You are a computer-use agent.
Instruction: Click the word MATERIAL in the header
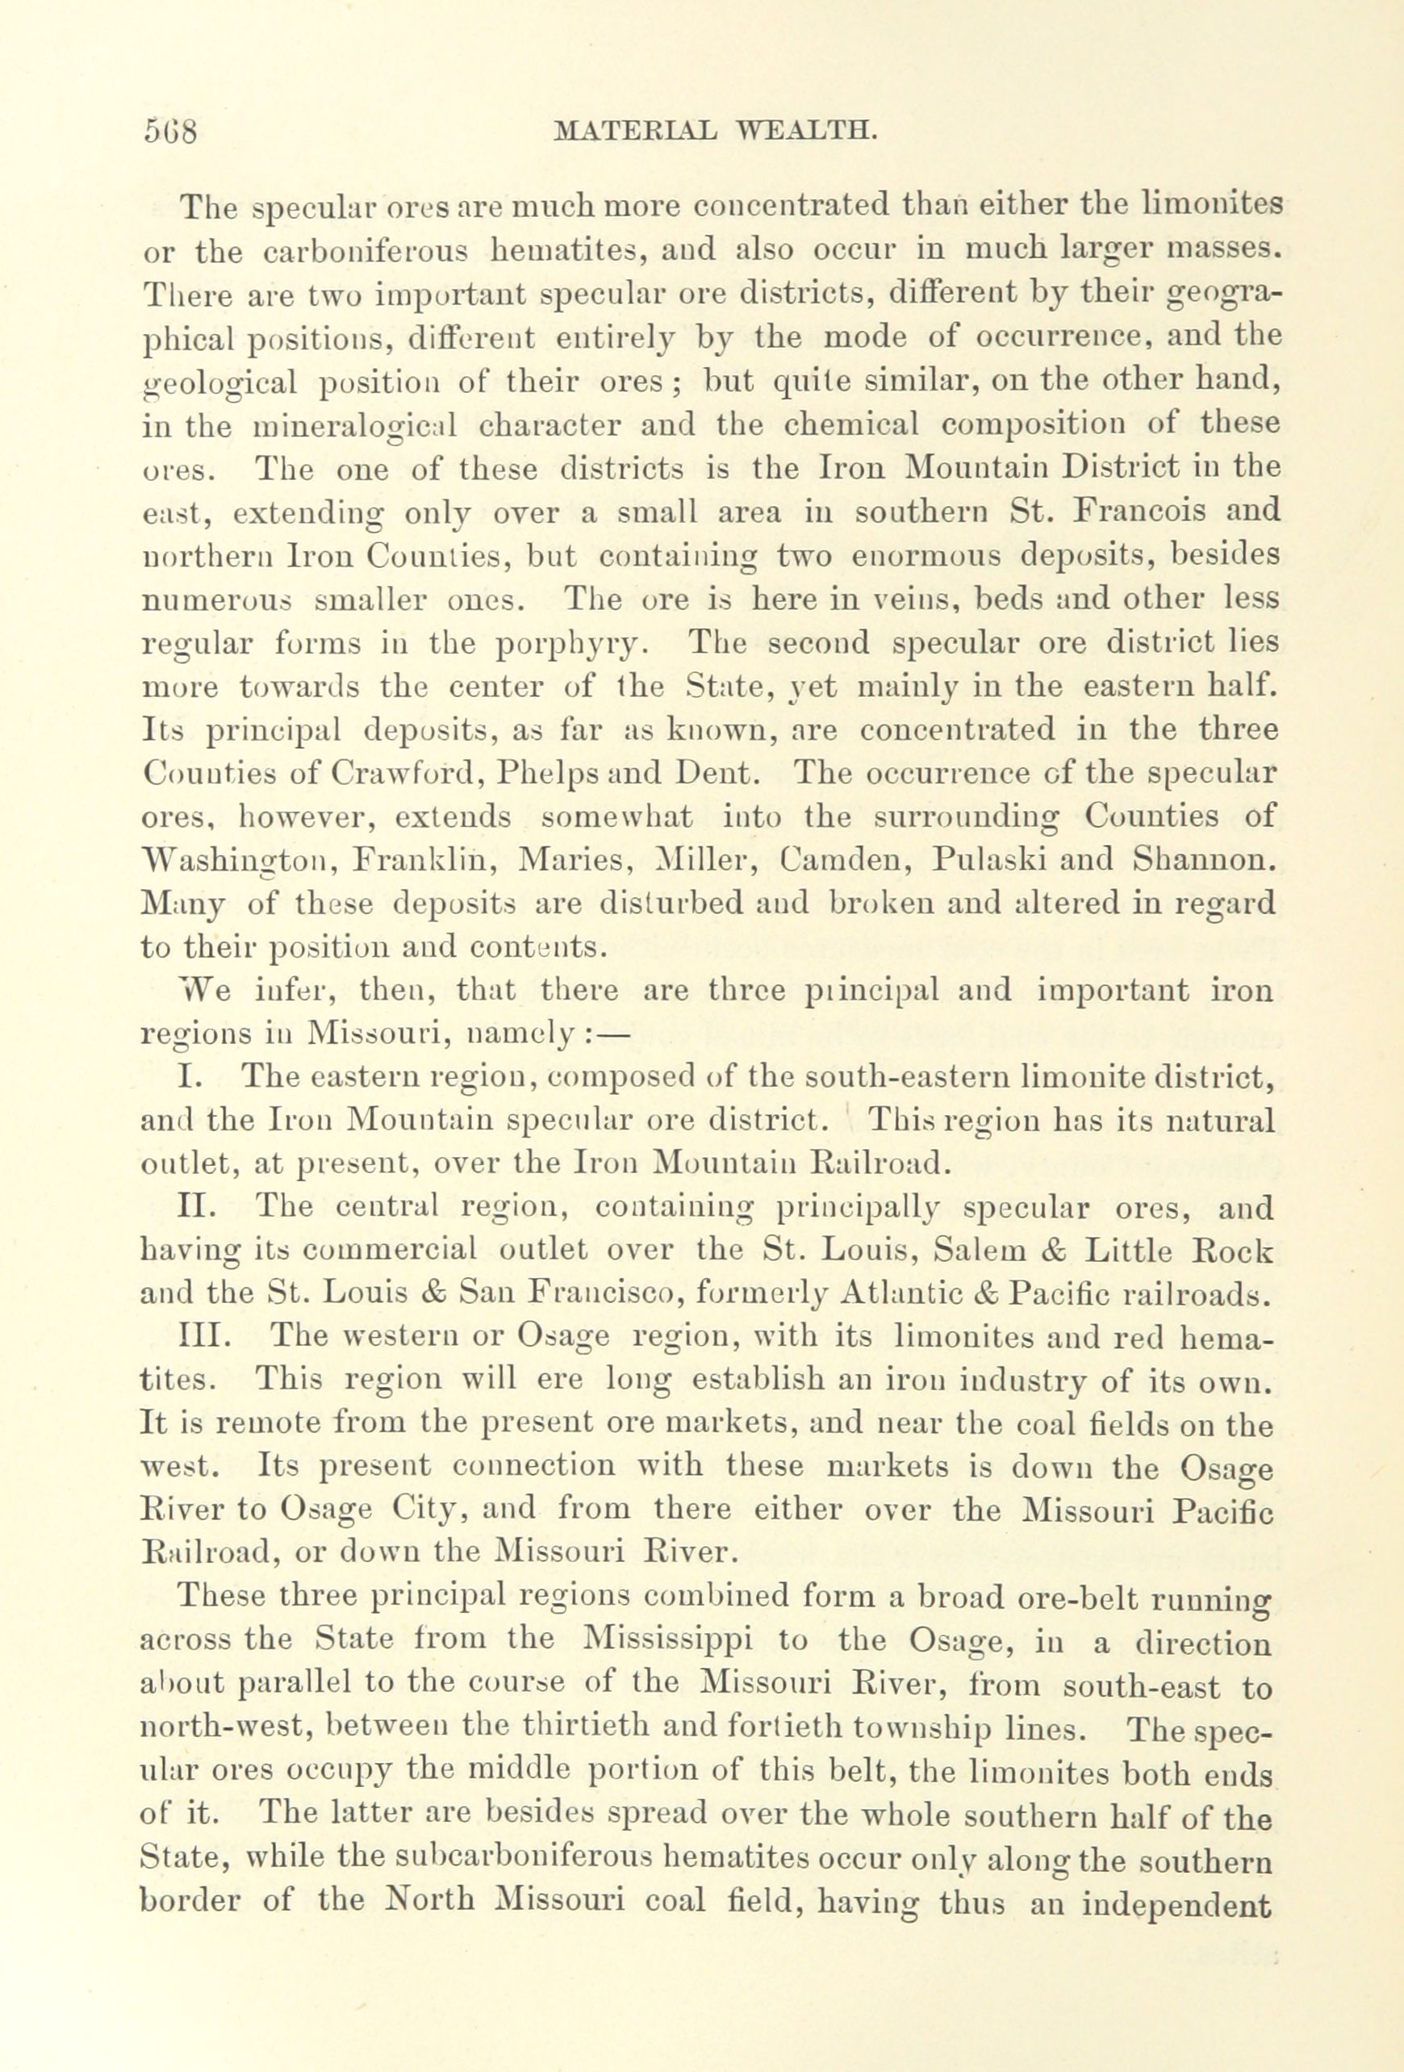(633, 132)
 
